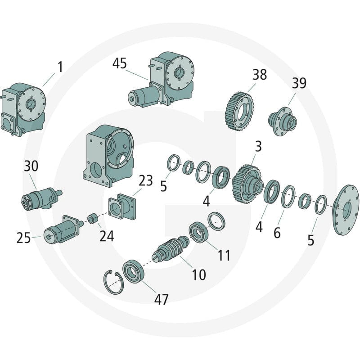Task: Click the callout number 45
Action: click(119, 63)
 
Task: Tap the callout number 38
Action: click(260, 74)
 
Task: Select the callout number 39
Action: click(299, 83)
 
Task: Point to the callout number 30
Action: click(31, 166)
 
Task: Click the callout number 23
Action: click(145, 180)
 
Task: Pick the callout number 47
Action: click(161, 299)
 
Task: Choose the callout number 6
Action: click(277, 233)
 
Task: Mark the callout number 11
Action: click(224, 255)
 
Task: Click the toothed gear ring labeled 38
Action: click(239, 111)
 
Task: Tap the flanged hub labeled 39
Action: click(283, 121)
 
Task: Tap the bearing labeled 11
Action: click(199, 232)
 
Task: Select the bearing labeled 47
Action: click(133, 271)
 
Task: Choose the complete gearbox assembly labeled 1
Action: click(22, 110)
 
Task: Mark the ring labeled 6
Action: click(288, 197)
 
